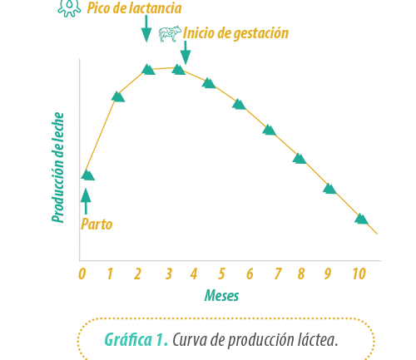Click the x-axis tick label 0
[82, 274]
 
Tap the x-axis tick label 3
[169, 274]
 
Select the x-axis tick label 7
[278, 274]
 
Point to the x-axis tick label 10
[359, 274]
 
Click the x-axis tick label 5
[221, 274]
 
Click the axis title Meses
[221, 295]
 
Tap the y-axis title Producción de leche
[58, 167]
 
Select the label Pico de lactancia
[135, 7]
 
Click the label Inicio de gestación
[235, 33]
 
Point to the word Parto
[97, 224]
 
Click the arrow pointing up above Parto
[86, 201]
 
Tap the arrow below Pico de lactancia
[146, 29]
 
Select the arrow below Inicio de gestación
[186, 52]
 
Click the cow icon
[170, 34]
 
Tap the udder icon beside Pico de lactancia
[69, 7]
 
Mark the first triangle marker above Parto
[88, 175]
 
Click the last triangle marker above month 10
[361, 219]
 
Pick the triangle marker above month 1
[118, 96]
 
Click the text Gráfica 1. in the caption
[136, 339]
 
